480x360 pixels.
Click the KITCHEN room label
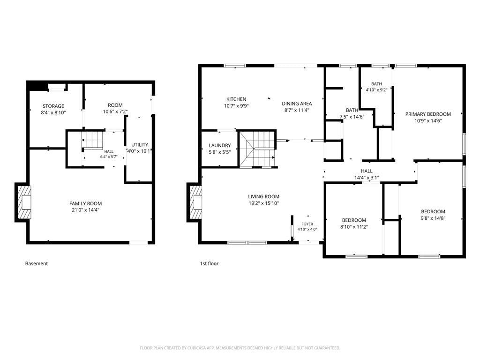[x=236, y=99]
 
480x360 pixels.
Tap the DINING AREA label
[x=297, y=104]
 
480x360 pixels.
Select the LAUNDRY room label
[x=219, y=145]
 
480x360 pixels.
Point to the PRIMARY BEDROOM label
[x=428, y=114]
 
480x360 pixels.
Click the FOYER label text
[x=307, y=224]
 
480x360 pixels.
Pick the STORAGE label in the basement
[x=53, y=106]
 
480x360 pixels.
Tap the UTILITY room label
[x=140, y=145]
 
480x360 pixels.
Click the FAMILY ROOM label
[x=85, y=203]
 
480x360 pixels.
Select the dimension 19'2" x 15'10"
[x=263, y=203]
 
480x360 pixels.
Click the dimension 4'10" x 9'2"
[x=376, y=90]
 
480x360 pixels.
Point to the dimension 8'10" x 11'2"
[x=354, y=227]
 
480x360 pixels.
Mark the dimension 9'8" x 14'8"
[x=433, y=218]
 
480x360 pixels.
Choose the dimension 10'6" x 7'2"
[x=115, y=112]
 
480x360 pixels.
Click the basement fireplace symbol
[x=24, y=202]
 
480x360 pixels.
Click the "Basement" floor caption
[x=37, y=263]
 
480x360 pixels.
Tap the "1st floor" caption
[x=209, y=263]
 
